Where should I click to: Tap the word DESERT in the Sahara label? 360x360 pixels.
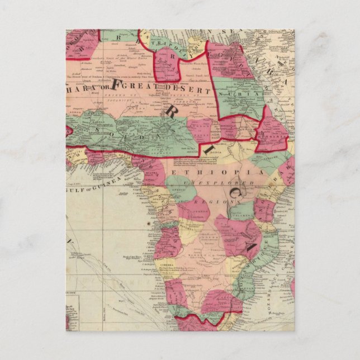[189, 89]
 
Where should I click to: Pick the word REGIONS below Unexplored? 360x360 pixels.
[214, 200]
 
